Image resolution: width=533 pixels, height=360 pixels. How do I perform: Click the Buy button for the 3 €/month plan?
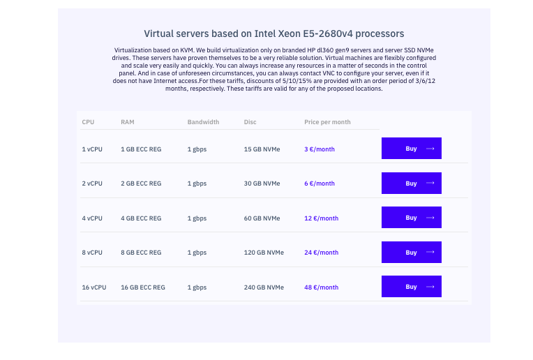coord(411,149)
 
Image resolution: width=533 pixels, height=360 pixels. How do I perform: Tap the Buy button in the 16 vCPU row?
coord(411,287)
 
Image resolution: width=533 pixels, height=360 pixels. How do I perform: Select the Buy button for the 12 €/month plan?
coord(411,218)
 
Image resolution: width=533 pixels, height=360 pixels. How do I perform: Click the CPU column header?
coord(88,122)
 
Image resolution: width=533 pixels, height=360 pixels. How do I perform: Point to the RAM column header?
coord(128,122)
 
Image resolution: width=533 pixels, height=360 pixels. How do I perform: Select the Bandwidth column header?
coord(203,122)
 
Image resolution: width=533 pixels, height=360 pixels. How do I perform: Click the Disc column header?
coord(250,122)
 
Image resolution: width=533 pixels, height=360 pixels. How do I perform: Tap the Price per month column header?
coord(327,122)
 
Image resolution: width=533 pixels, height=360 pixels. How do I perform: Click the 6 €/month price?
coord(320,183)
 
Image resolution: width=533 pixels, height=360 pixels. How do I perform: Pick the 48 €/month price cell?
coord(321,287)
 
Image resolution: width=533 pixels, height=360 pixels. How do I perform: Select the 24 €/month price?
coord(321,253)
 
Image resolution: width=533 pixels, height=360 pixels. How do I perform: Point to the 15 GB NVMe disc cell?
coord(262,149)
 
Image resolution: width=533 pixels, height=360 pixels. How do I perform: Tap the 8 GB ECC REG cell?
coord(141,253)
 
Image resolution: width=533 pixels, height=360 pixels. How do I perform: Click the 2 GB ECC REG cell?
coord(141,183)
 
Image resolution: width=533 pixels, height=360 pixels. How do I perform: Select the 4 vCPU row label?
coord(92,218)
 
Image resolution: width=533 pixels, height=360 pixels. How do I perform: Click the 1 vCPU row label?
coord(92,149)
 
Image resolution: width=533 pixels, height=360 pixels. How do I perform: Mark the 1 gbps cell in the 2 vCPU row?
coord(197,183)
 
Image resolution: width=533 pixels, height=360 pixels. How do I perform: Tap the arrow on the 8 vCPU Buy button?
coord(430,252)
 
